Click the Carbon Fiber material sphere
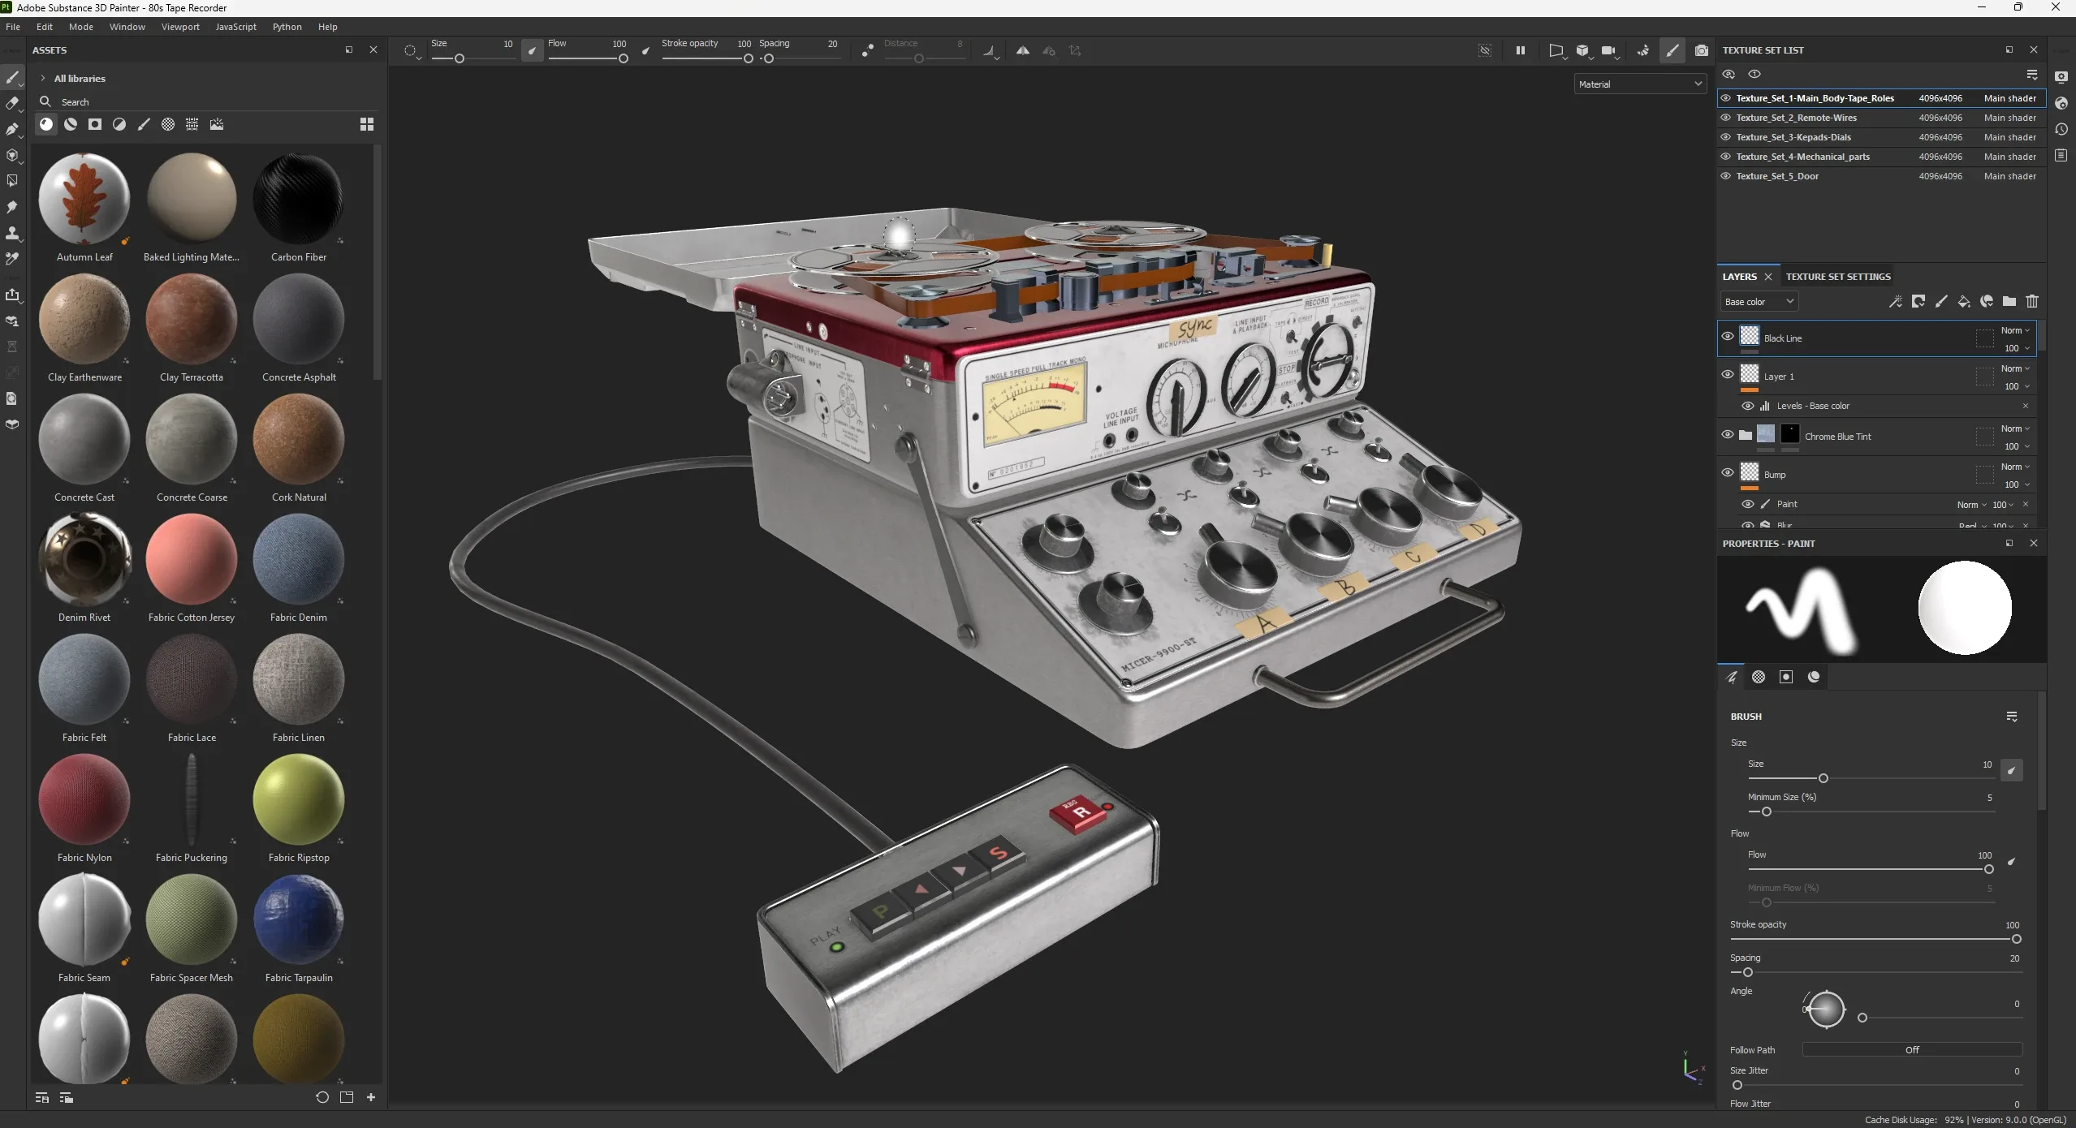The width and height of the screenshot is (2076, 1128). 298,199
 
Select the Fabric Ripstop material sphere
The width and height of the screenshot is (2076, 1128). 298,799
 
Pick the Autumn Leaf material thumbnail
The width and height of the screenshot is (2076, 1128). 84,199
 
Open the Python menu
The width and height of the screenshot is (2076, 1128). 287,27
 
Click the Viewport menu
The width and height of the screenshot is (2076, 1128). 180,27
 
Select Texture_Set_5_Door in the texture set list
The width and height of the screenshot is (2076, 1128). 1777,176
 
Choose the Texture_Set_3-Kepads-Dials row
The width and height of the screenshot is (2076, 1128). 1793,137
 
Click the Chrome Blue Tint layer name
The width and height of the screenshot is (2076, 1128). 1837,437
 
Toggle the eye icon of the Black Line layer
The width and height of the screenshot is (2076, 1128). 1728,337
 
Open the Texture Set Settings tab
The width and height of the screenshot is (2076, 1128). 1838,277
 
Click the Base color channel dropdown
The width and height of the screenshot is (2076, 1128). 1759,302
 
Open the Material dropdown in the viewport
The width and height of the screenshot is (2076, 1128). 1640,84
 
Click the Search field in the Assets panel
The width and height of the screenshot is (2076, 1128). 203,102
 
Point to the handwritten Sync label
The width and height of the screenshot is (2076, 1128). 1194,327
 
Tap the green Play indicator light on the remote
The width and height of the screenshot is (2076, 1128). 837,947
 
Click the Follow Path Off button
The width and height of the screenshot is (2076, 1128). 1911,1050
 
